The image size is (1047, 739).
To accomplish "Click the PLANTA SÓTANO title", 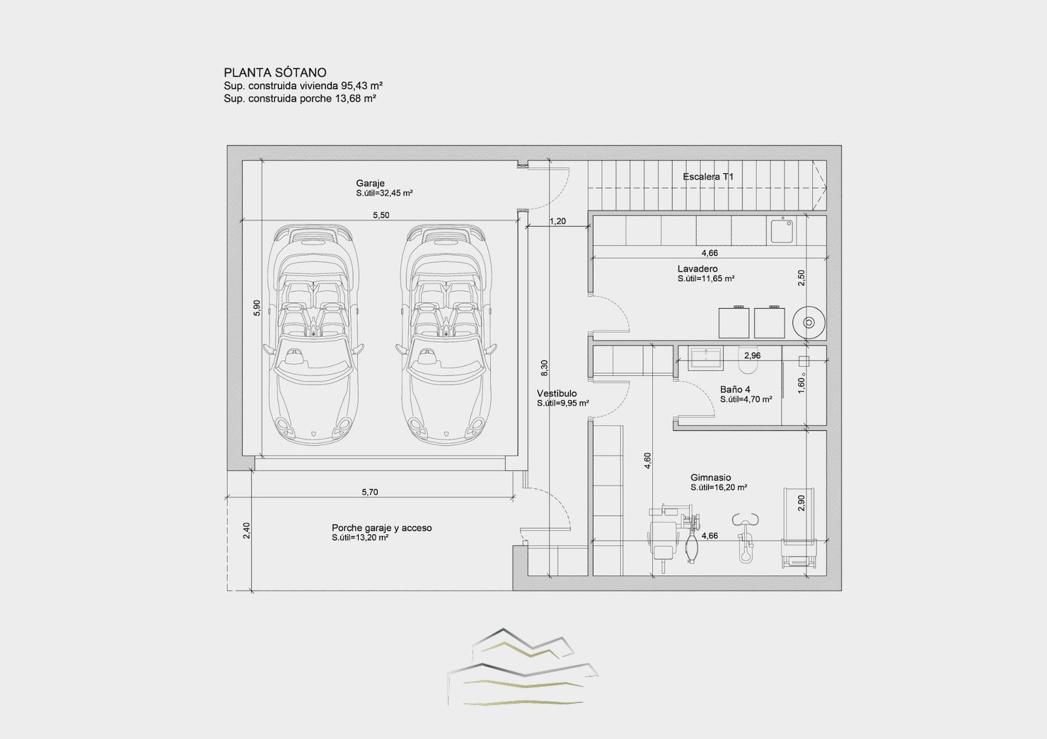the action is (x=275, y=73).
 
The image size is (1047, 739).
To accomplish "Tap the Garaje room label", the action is (x=370, y=183).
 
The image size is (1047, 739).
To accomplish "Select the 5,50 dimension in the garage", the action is (x=381, y=215).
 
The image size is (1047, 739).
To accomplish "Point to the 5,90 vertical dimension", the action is (x=257, y=308).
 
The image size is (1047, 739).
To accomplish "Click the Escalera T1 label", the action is (x=708, y=177).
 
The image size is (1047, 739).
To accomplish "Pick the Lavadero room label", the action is (x=698, y=269).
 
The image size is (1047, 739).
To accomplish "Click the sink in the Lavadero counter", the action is (x=781, y=230).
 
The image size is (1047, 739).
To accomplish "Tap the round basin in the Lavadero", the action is (x=809, y=322).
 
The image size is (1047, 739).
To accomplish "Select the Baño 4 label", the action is (x=736, y=389).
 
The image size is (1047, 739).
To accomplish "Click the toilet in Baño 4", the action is (x=749, y=367).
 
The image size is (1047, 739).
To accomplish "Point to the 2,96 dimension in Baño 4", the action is (x=752, y=356).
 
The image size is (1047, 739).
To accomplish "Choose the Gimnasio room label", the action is (x=711, y=477).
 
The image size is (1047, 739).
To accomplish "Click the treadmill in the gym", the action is (x=799, y=528).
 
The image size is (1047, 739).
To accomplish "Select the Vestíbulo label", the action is (x=557, y=393).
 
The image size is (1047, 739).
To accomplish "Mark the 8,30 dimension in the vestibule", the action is (x=544, y=369).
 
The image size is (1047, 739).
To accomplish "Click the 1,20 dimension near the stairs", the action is (x=557, y=222).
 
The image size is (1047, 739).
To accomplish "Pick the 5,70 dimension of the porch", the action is (x=370, y=492).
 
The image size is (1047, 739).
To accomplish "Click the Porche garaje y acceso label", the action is (x=382, y=528).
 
